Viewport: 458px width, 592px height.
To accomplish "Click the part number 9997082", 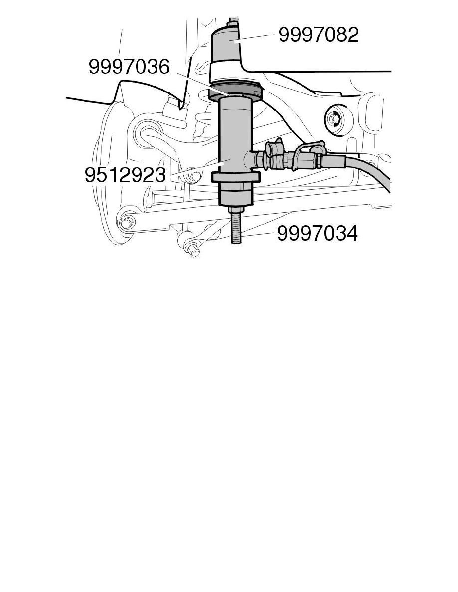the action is click(x=318, y=35).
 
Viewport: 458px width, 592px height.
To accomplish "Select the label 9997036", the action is click(x=129, y=67).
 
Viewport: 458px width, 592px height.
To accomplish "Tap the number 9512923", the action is click(x=125, y=175).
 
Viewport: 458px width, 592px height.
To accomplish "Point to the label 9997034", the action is click(x=317, y=234).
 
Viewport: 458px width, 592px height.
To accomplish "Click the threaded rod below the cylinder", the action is click(x=236, y=229).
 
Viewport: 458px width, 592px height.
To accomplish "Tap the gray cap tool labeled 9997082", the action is click(x=227, y=44).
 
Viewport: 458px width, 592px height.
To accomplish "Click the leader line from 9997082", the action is click(x=254, y=38).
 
